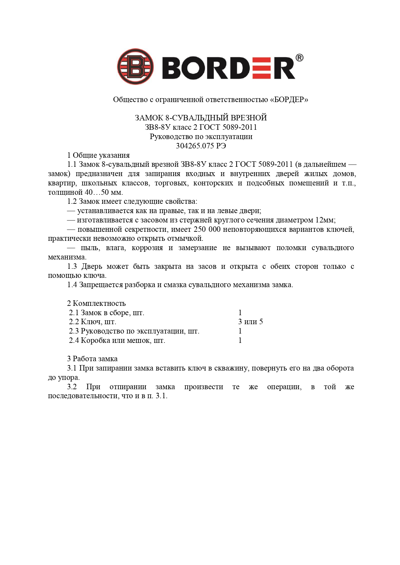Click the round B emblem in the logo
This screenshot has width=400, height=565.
pyautogui.click(x=135, y=67)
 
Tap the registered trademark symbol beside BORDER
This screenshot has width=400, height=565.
pyautogui.click(x=299, y=58)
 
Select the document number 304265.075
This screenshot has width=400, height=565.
pyautogui.click(x=195, y=146)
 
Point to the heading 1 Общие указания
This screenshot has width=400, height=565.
pyautogui.click(x=98, y=155)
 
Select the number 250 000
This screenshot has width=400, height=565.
pyautogui.click(x=207, y=230)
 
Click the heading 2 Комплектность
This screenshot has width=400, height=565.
pyautogui.click(x=96, y=303)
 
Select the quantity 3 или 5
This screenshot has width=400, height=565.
pyautogui.click(x=250, y=322)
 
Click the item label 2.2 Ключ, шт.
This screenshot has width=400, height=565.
pyautogui.click(x=93, y=322)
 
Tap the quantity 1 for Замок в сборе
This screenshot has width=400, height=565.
pyautogui.click(x=240, y=313)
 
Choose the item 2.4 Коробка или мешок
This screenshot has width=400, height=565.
pyautogui.click(x=117, y=340)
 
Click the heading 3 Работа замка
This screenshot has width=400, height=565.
pyautogui.click(x=92, y=359)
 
